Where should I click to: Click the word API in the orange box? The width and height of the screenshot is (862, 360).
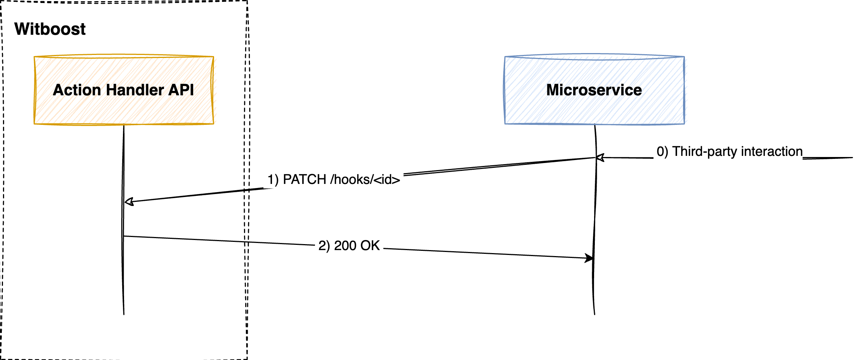tap(182, 90)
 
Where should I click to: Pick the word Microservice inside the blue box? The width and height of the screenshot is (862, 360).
tap(594, 90)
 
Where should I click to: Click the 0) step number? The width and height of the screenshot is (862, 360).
tap(662, 152)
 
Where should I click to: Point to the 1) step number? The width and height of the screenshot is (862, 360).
tap(273, 180)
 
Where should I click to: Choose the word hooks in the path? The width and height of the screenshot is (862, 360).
tap(352, 180)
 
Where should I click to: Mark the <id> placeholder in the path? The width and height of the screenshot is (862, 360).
tap(387, 180)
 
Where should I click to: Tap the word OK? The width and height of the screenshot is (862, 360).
tap(370, 246)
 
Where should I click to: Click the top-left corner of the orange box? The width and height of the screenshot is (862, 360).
tap(35, 57)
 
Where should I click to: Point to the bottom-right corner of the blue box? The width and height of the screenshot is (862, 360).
tap(684, 123)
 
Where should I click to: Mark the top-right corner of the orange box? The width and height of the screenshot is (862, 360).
tap(213, 57)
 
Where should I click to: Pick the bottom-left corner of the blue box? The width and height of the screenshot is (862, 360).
tap(505, 123)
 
